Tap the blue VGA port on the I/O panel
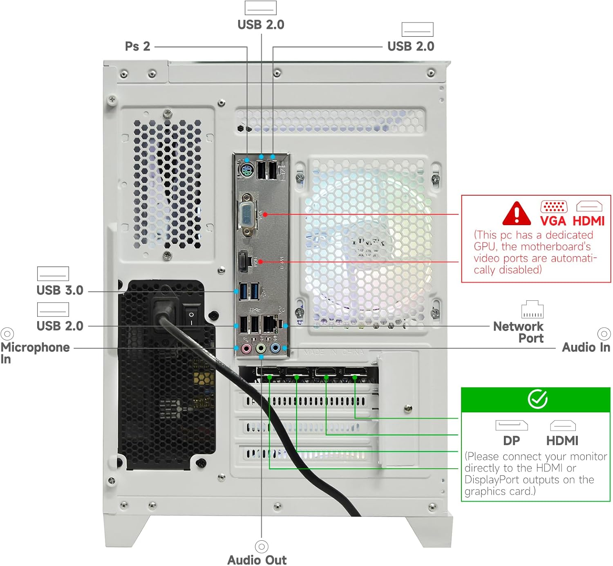pos(248,214)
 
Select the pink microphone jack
pos(246,349)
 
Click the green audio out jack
pos(261,349)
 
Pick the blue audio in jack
pos(275,349)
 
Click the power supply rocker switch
pos(191,318)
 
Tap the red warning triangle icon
pos(517,213)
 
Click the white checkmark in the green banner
pos(537,399)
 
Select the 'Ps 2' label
pos(138,46)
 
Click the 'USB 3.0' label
pos(60,290)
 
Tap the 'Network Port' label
pos(518,332)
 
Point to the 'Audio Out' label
pos(257,559)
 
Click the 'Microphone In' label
pos(35,352)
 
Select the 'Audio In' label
pos(586,347)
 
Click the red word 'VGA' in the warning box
pos(553,221)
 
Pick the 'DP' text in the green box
pos(511,441)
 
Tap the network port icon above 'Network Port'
pos(532,309)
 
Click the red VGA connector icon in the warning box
pos(554,206)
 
